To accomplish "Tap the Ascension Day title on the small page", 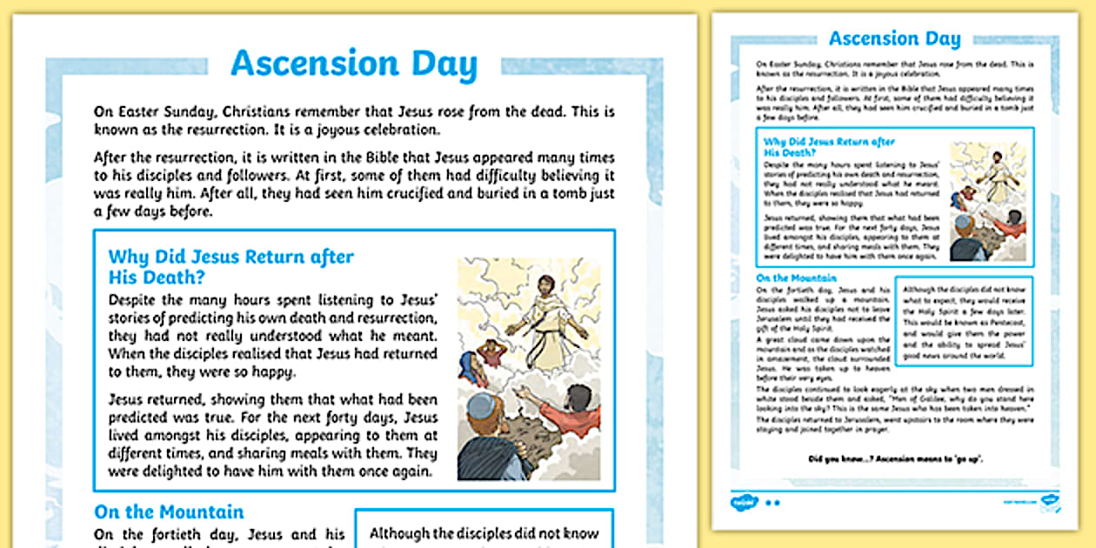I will [894, 38].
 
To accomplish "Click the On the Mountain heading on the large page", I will [169, 511].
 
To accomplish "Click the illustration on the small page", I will [987, 200].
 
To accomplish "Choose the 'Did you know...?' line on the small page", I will [894, 458].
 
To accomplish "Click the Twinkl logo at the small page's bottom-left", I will [745, 502].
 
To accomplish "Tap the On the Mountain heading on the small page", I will [784, 278].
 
